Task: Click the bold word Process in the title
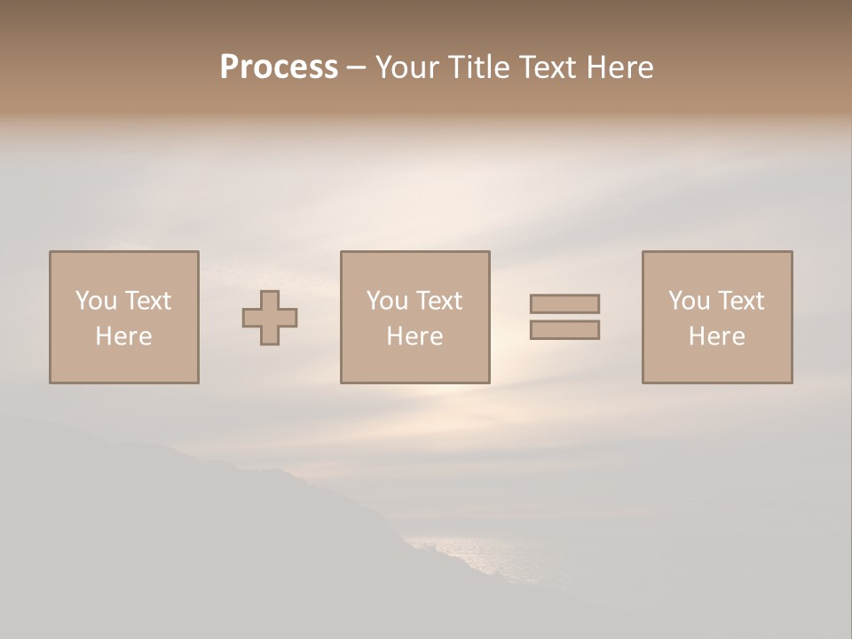pos(279,67)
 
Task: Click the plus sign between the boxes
pos(270,318)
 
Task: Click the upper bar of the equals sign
pos(564,304)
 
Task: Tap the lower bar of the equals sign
pos(564,330)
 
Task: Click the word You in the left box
pos(96,301)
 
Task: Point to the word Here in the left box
pos(123,336)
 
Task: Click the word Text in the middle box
pos(439,301)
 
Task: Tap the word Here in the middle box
pos(414,336)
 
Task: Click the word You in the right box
pos(689,301)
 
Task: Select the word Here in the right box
pos(716,336)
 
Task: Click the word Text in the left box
pos(148,301)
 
